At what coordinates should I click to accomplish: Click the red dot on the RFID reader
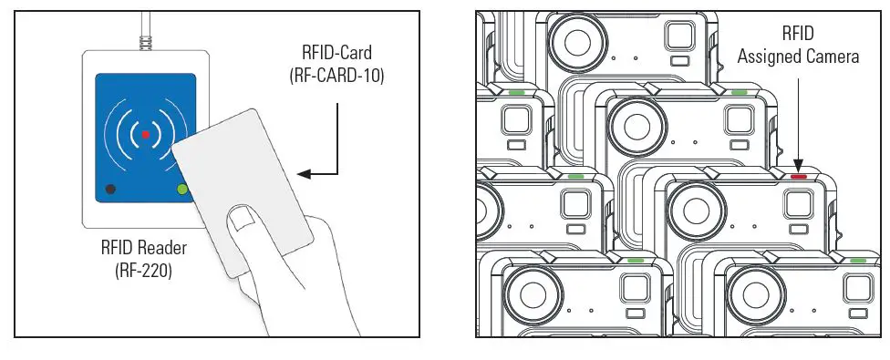[x=144, y=135]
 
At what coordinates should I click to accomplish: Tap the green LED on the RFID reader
[x=182, y=190]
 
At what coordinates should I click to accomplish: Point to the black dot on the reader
[x=110, y=190]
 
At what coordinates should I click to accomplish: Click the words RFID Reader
[x=143, y=249]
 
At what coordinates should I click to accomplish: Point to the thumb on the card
[x=243, y=219]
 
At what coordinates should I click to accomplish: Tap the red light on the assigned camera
[x=800, y=176]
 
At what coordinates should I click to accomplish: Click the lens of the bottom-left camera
[x=527, y=295]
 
